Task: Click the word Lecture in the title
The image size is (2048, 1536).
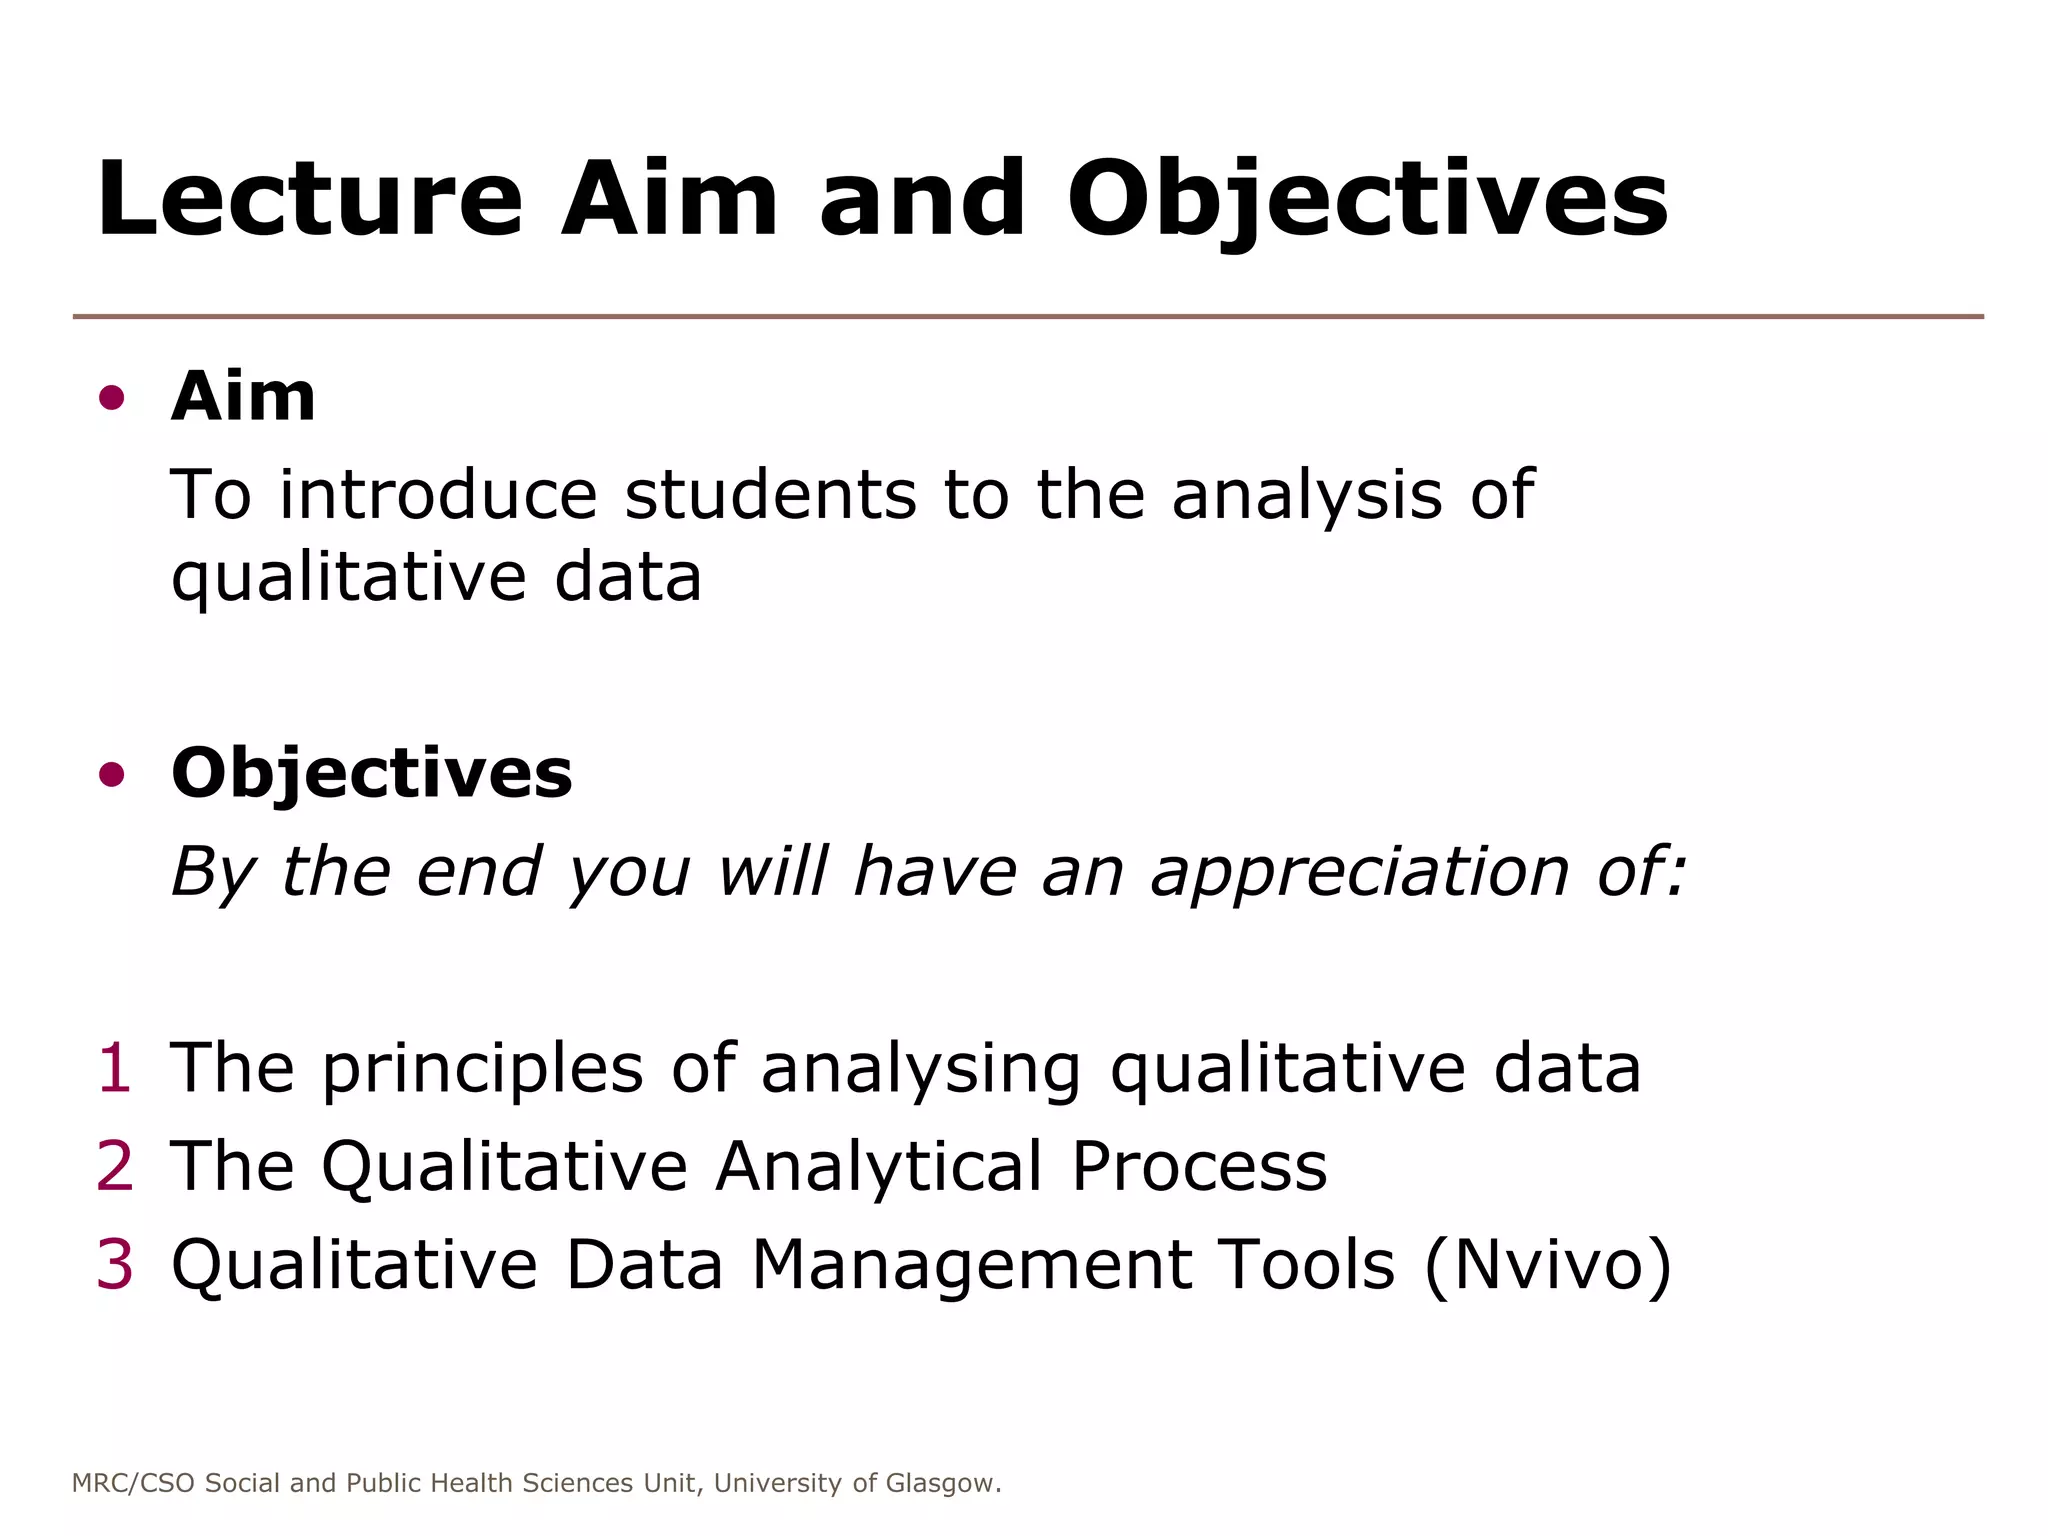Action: click(x=310, y=200)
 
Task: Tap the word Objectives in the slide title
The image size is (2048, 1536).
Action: click(x=1367, y=200)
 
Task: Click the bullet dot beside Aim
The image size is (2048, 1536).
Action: click(x=112, y=398)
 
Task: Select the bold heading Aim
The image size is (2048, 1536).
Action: click(x=243, y=397)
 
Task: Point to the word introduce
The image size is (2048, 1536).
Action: click(x=438, y=494)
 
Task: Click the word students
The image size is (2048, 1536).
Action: click(x=770, y=494)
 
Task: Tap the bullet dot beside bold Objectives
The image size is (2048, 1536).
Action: click(x=112, y=774)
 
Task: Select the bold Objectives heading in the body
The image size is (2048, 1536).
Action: click(x=372, y=774)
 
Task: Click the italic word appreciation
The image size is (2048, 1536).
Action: click(x=1360, y=872)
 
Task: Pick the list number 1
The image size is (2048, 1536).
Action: click(x=115, y=1068)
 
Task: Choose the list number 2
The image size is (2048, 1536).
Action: click(x=115, y=1166)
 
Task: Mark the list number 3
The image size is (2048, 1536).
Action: click(x=115, y=1264)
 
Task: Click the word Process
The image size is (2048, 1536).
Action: click(x=1199, y=1167)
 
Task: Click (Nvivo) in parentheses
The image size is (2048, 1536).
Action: click(x=1547, y=1265)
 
